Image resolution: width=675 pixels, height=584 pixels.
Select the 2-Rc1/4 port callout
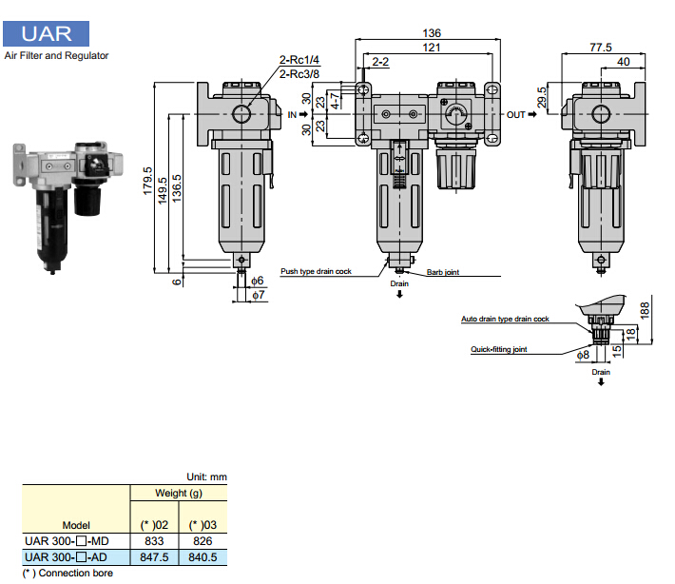[299, 60]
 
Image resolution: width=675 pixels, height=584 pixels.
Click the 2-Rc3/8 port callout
[299, 73]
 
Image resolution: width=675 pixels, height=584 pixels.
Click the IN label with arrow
[297, 114]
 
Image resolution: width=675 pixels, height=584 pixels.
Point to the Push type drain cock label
[316, 272]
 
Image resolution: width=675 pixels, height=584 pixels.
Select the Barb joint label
[442, 272]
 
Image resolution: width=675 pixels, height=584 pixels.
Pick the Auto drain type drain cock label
[505, 320]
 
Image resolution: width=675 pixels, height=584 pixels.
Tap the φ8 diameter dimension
[583, 355]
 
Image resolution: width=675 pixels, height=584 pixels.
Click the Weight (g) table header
[179, 494]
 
